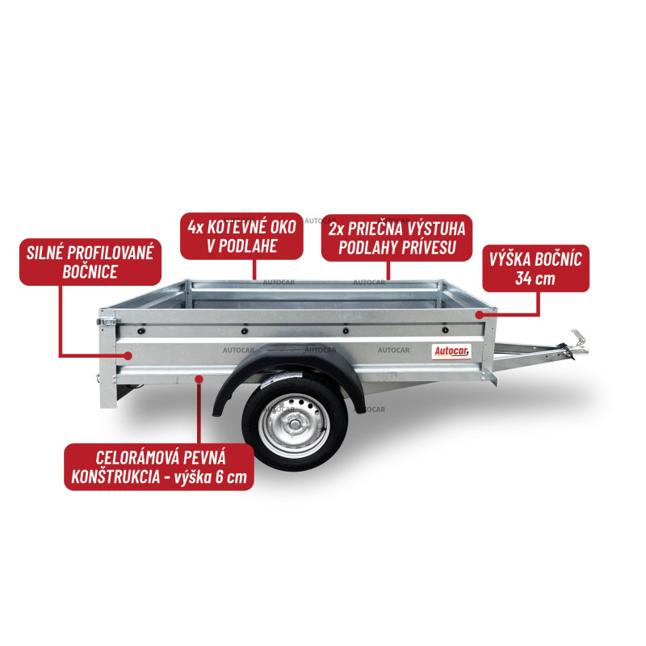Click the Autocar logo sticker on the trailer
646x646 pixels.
click(x=451, y=351)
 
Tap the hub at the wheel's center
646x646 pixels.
click(x=294, y=425)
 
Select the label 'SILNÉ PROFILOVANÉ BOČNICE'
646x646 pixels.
click(x=90, y=262)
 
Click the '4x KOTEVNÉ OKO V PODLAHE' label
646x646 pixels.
click(x=241, y=236)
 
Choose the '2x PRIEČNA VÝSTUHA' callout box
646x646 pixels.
click(x=396, y=237)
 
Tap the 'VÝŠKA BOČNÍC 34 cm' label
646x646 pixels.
click(x=535, y=269)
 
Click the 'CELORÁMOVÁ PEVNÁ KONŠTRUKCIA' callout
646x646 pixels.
click(x=159, y=468)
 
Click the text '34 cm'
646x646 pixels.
click(x=535, y=279)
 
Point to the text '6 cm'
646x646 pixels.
click(x=231, y=477)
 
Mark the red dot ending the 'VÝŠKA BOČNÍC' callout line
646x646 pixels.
click(x=479, y=315)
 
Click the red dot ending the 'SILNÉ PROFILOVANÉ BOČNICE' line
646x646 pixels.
click(x=128, y=355)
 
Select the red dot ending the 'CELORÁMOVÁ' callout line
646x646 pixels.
click(x=199, y=379)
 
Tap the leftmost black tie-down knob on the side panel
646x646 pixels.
click(x=141, y=331)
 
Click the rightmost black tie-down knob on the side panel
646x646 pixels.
click(x=445, y=330)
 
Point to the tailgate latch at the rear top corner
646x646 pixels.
click(x=106, y=321)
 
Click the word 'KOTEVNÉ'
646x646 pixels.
click(x=237, y=227)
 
